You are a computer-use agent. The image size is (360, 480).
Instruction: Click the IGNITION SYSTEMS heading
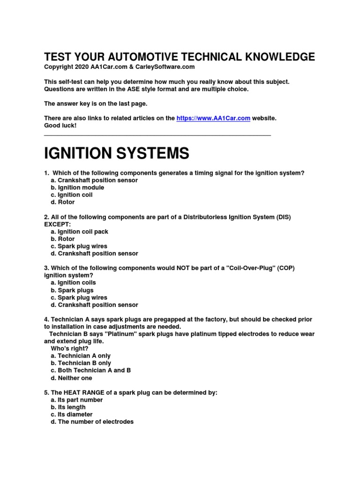[117, 153]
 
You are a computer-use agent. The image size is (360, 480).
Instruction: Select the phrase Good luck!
[60, 126]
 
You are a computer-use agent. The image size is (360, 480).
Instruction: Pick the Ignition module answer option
[77, 187]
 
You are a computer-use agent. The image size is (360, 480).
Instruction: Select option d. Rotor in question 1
[63, 202]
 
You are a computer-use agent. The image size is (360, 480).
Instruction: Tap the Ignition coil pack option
[79, 232]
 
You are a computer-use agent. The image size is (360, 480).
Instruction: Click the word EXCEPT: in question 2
[57, 224]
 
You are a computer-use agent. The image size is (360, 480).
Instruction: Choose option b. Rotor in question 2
[63, 239]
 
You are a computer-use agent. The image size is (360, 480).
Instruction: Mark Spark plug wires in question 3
[79, 297]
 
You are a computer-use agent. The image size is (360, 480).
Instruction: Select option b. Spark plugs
[72, 290]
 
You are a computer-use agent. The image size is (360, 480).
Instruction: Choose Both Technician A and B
[90, 370]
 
